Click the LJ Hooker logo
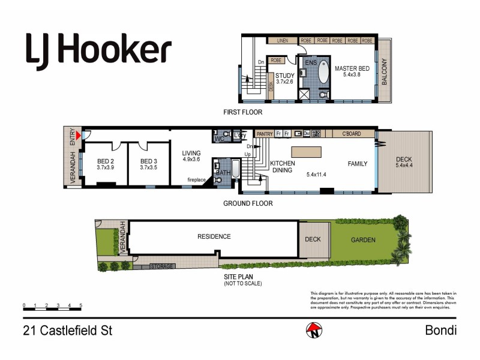click(x=98, y=52)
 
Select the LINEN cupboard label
click(x=283, y=41)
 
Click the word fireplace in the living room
click(x=196, y=179)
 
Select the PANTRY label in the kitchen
click(x=265, y=134)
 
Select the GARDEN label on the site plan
click(x=364, y=240)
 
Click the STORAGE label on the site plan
click(x=162, y=266)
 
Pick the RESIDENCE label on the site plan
click(x=214, y=236)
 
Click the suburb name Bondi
click(x=440, y=330)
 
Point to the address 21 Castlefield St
click(x=67, y=330)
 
